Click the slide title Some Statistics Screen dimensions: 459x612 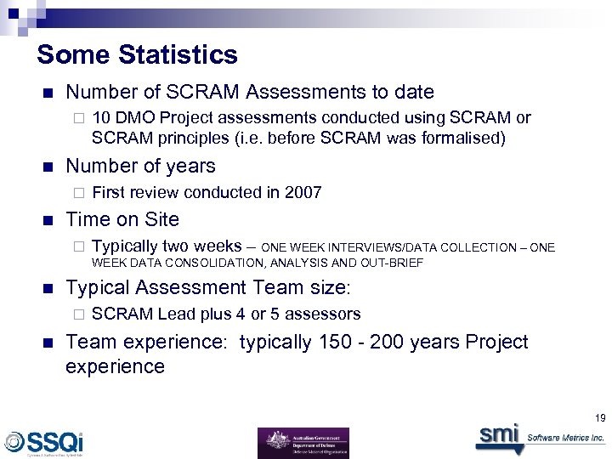click(x=137, y=55)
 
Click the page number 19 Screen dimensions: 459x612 click(x=601, y=416)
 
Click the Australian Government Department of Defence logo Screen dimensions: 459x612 click(x=303, y=443)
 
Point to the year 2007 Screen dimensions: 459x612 click(x=303, y=192)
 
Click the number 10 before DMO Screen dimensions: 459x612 click(x=101, y=118)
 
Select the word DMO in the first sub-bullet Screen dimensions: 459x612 click(x=135, y=118)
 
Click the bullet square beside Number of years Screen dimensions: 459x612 click(x=48, y=167)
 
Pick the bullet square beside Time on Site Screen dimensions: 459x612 click(x=48, y=219)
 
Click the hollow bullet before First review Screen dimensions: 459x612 click(x=76, y=193)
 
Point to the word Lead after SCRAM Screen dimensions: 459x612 click(x=177, y=314)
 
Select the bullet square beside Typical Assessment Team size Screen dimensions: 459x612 click(x=48, y=287)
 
